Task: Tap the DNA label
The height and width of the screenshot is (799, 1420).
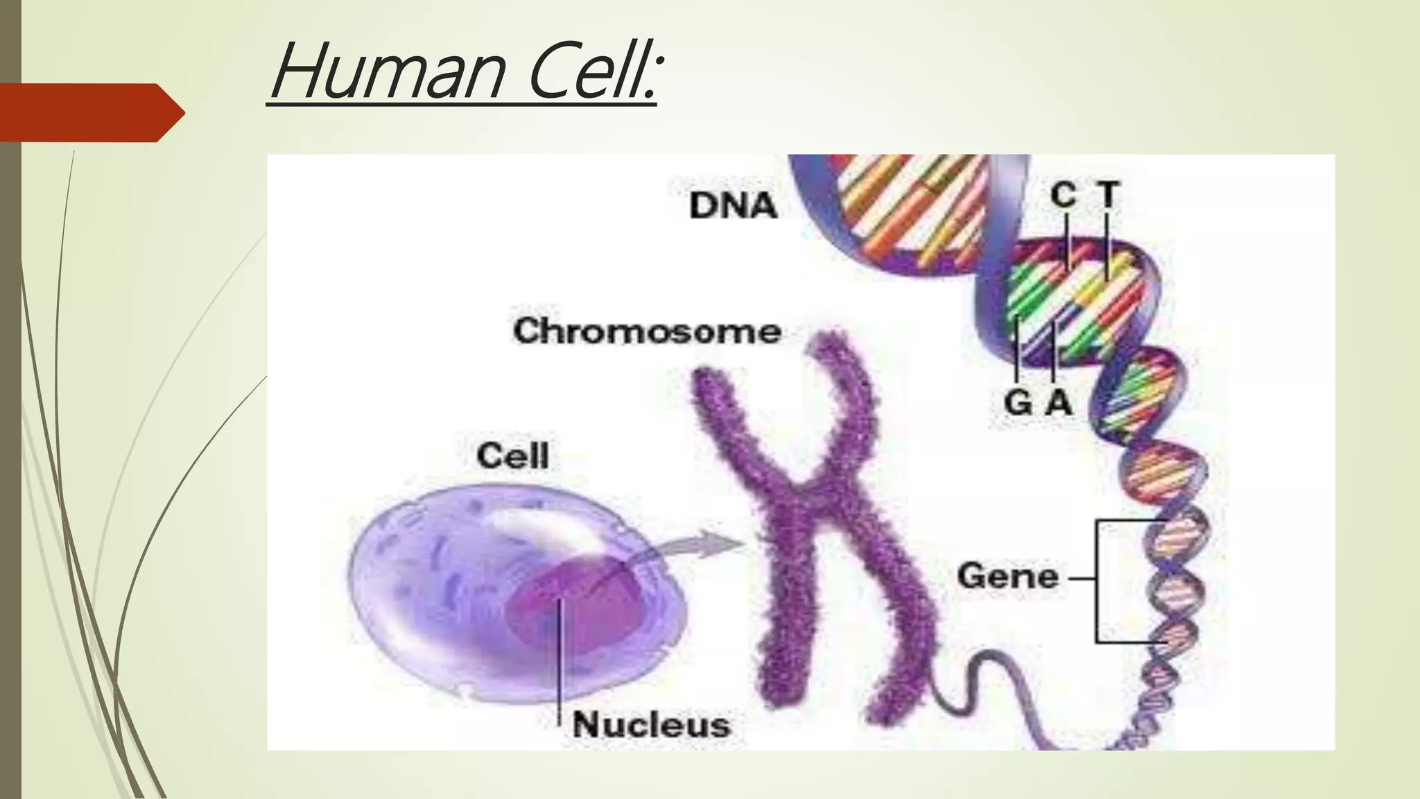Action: [x=732, y=206]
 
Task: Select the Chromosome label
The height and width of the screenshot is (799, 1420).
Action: [x=647, y=331]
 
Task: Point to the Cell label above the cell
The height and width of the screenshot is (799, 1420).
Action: [x=512, y=456]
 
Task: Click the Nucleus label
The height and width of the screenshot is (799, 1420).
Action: [x=651, y=725]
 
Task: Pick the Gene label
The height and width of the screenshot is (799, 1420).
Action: [x=1007, y=576]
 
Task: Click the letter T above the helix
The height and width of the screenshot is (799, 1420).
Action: [x=1108, y=195]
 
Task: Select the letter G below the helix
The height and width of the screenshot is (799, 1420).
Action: [x=1018, y=402]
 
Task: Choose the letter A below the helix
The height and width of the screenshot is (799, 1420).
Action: [x=1059, y=402]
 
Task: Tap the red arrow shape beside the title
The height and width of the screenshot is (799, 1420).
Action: [x=90, y=112]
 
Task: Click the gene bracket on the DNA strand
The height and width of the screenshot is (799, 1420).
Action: [x=1098, y=581]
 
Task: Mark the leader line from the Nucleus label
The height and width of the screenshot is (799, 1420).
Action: [x=559, y=666]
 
